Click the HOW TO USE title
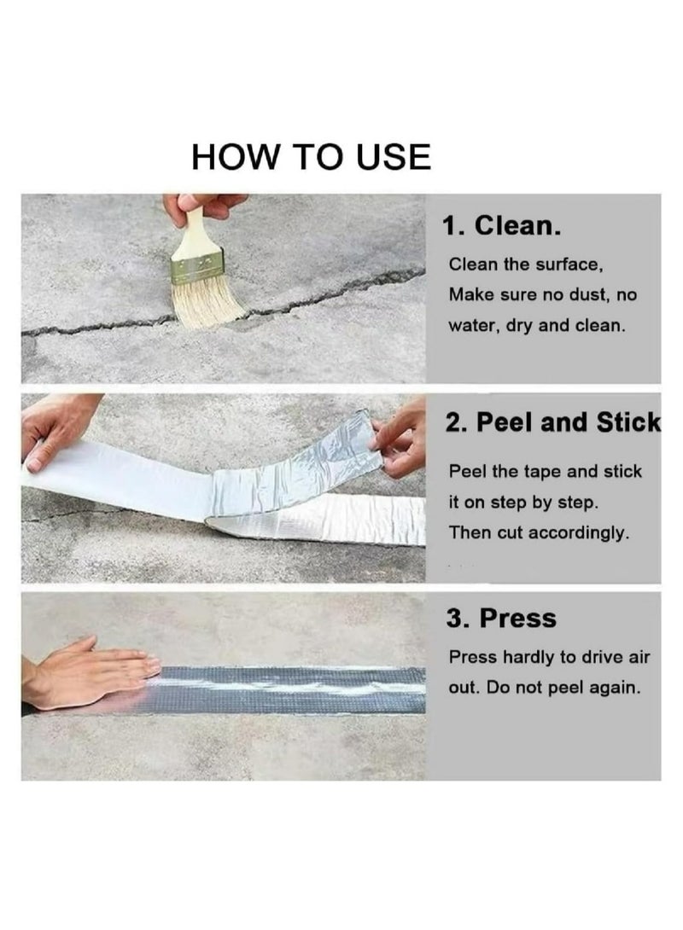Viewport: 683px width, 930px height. (311, 157)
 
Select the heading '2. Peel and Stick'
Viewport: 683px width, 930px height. (552, 422)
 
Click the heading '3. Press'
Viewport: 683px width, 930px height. (500, 619)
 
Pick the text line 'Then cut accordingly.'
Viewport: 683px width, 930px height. (539, 533)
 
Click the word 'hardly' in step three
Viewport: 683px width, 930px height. (536, 657)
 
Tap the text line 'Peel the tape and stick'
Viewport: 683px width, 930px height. (545, 472)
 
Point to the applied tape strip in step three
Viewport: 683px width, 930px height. (290, 689)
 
